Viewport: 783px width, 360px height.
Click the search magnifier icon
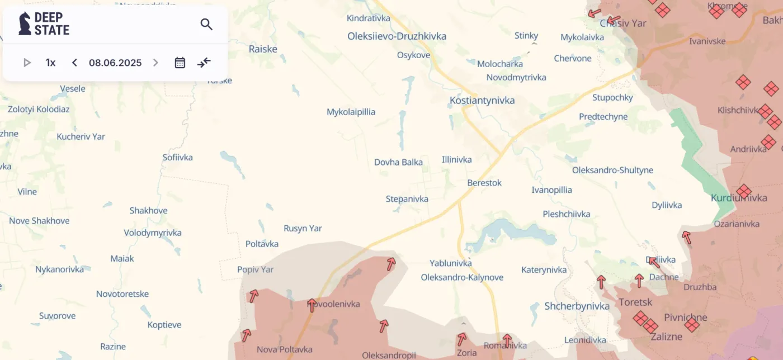tap(206, 24)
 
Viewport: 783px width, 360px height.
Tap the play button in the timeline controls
tap(27, 63)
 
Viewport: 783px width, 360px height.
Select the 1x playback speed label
tap(50, 63)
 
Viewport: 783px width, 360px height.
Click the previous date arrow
tap(74, 63)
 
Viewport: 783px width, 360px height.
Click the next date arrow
tap(156, 63)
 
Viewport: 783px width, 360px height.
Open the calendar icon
tap(180, 63)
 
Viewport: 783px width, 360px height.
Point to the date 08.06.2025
tap(115, 63)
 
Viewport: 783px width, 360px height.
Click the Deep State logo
tap(44, 24)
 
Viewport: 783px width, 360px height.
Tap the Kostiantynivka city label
tap(482, 101)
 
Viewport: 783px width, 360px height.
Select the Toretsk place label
tap(635, 302)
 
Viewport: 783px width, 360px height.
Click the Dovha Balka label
tap(398, 162)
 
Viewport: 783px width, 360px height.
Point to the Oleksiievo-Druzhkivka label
tap(397, 36)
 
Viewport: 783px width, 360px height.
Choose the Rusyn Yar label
tap(303, 228)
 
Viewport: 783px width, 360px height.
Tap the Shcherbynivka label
tap(577, 306)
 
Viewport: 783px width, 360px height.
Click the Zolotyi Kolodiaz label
tap(38, 109)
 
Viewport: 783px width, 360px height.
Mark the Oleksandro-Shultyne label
tap(612, 170)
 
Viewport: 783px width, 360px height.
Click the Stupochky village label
tap(612, 97)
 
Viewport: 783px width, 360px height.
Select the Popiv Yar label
tap(255, 269)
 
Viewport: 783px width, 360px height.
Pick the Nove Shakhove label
tap(39, 221)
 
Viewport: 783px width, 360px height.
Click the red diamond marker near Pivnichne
tap(692, 325)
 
